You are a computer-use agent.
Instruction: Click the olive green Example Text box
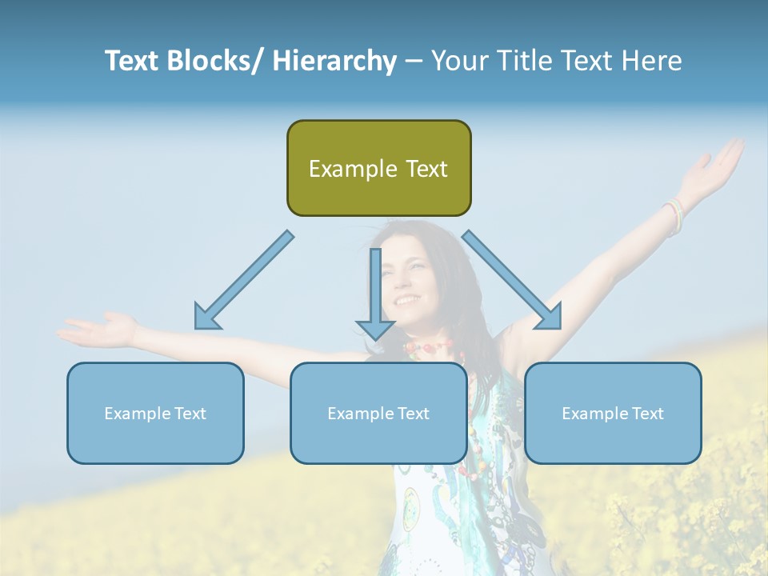click(x=378, y=168)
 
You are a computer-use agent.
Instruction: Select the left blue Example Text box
click(x=155, y=413)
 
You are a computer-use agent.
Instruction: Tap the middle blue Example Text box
click(x=378, y=413)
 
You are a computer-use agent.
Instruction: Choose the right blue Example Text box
click(x=613, y=413)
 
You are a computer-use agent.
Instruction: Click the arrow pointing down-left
click(x=240, y=284)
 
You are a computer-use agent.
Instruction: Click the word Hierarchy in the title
click(x=334, y=61)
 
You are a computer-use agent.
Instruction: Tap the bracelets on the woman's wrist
click(x=674, y=214)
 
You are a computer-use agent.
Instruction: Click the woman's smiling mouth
click(x=407, y=301)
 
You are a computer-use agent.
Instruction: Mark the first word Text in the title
click(x=133, y=61)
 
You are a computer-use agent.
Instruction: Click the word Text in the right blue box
click(x=646, y=414)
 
